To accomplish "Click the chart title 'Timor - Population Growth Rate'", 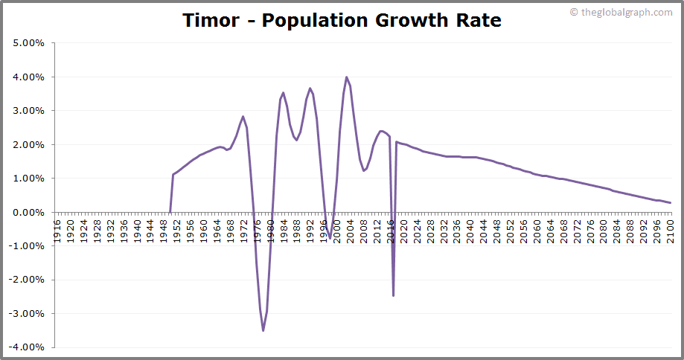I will pyautogui.click(x=342, y=20).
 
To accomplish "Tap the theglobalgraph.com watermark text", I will pyautogui.click(x=625, y=12).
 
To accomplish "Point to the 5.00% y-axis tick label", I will pyautogui.click(x=29, y=43).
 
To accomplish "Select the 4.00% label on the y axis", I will pyautogui.click(x=29, y=77).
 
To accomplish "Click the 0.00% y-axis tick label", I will pyautogui.click(x=29, y=213).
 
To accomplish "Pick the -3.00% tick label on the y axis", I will pyautogui.click(x=28, y=314).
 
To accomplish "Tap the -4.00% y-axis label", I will pyautogui.click(x=28, y=347).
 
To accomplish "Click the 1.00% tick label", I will pyautogui.click(x=29, y=179).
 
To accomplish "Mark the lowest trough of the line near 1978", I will pyautogui.click(x=263, y=330).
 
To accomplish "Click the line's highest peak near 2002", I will pyautogui.click(x=346, y=77).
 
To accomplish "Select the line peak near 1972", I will pyautogui.click(x=243, y=116).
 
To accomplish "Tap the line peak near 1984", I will pyautogui.click(x=284, y=93).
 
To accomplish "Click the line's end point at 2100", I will pyautogui.click(x=671, y=202).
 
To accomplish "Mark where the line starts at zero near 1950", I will pyautogui.click(x=170, y=212).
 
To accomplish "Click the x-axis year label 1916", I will pyautogui.click(x=57, y=228).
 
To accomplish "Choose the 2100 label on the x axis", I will pyautogui.click(x=670, y=228).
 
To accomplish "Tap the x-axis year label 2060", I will pyautogui.click(x=537, y=228).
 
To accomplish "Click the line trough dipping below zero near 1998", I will pyautogui.click(x=330, y=237).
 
